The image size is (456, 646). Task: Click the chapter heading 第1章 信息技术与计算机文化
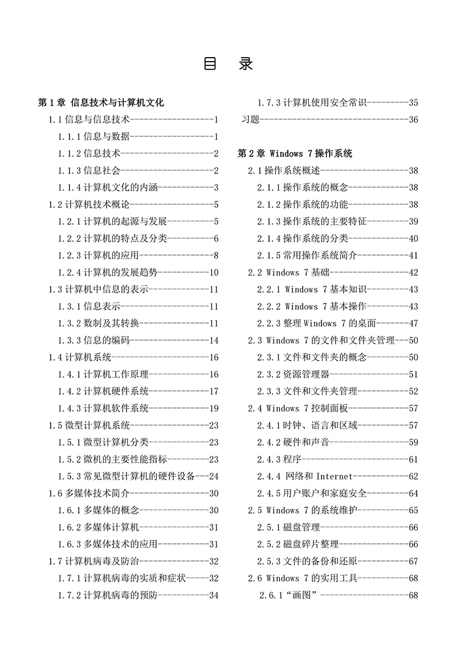point(100,103)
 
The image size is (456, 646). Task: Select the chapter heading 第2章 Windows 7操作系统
point(295,154)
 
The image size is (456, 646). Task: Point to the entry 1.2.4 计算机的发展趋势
point(108,272)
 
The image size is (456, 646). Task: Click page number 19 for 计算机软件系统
point(214,409)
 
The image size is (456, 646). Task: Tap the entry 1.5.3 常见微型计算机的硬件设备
point(126,476)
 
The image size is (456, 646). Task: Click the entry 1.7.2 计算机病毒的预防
point(108,595)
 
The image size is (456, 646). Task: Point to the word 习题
point(251,120)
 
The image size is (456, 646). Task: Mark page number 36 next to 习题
point(413,120)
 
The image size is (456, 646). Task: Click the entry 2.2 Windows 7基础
point(288,273)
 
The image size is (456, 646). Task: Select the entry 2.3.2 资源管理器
point(293,374)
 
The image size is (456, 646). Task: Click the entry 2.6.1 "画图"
point(288,595)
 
